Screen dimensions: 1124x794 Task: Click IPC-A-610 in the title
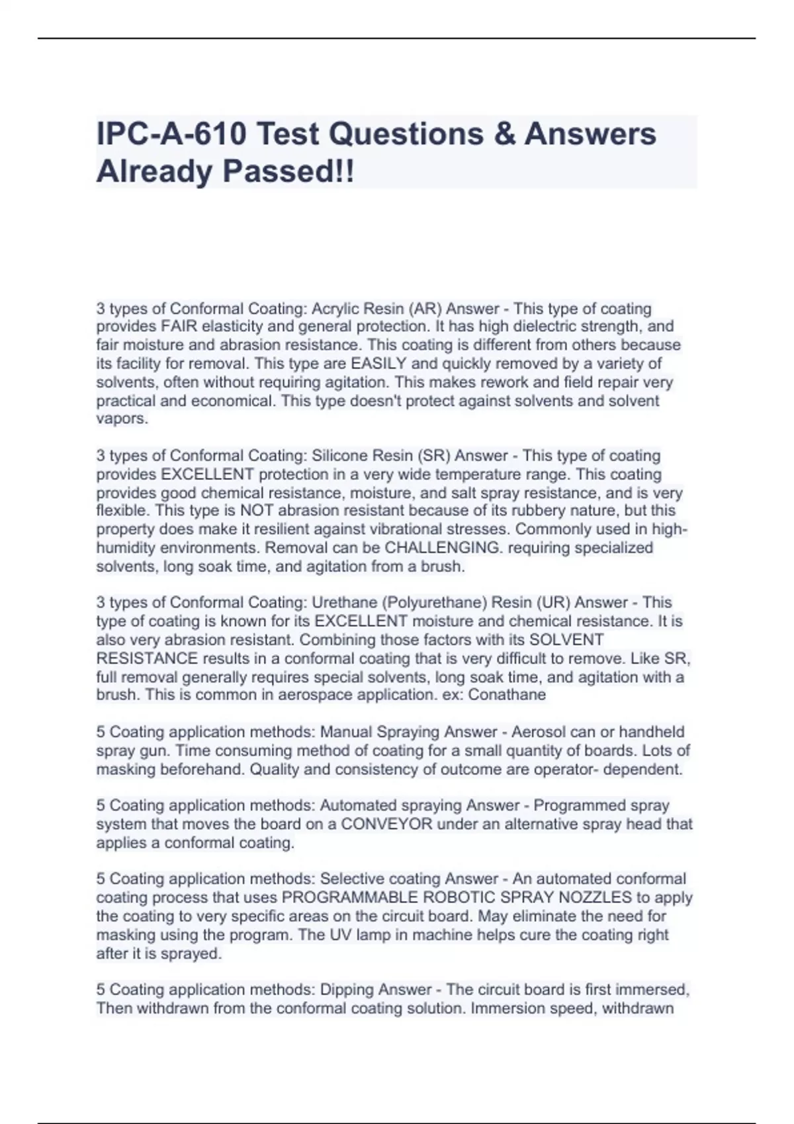coord(170,134)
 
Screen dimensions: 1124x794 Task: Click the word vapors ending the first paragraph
coord(122,419)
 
